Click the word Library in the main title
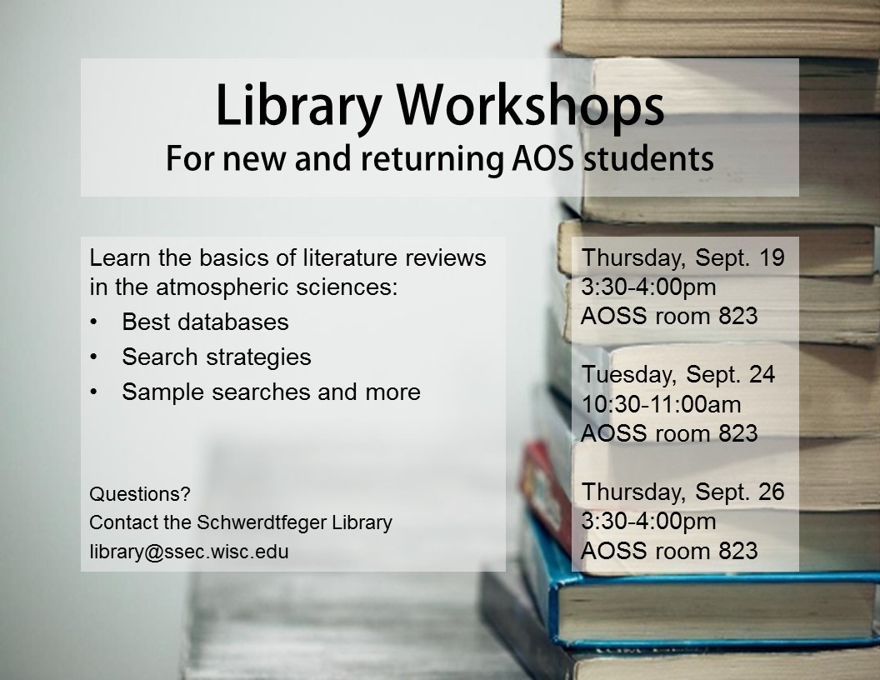coord(298,107)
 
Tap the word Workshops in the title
coord(531,107)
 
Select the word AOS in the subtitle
coord(543,158)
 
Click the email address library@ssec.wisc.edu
coord(189,552)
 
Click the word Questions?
coord(140,493)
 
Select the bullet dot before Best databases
coord(93,322)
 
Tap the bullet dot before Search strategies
coord(93,357)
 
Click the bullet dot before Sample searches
coord(93,392)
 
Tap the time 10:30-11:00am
coord(661,404)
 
